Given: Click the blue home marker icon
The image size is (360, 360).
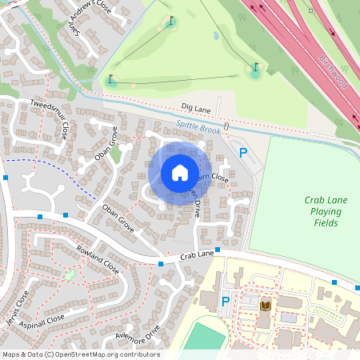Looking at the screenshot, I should tap(180, 172).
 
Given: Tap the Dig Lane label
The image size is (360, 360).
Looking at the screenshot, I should tap(195, 106).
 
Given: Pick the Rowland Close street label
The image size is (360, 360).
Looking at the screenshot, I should tap(97, 260).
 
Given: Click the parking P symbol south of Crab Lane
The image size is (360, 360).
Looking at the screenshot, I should tap(225, 302).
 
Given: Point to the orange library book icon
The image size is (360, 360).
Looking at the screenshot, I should tap(266, 305).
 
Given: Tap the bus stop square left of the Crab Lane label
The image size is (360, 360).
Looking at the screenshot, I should tap(161, 264).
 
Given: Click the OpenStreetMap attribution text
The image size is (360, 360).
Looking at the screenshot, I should tap(80, 354).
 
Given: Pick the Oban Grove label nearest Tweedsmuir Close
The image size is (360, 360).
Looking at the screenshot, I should tap(105, 143).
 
